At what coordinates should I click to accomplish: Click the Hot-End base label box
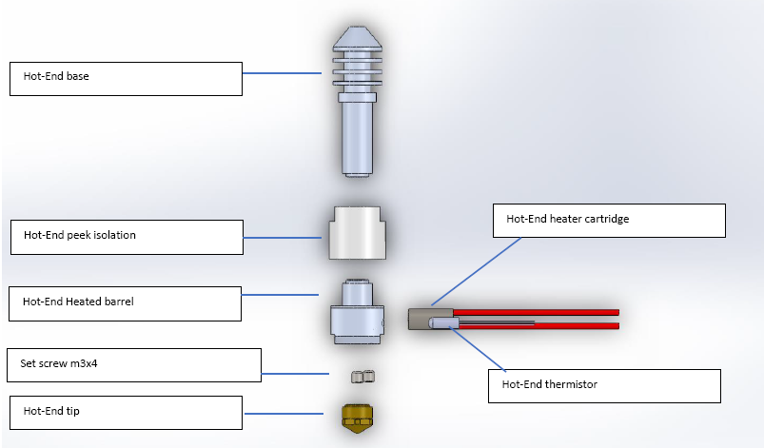[126, 78]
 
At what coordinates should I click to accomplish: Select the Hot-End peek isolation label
[127, 237]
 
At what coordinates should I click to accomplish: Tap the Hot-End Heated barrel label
[127, 302]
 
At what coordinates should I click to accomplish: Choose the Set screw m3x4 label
[139, 364]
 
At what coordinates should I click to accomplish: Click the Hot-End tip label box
[127, 412]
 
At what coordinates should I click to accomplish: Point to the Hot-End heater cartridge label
[609, 220]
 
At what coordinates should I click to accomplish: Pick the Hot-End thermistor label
[604, 385]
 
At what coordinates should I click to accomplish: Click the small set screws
[360, 378]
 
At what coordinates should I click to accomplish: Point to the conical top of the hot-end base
[357, 39]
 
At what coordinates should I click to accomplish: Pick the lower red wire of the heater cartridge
[571, 326]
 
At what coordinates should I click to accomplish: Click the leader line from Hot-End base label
[283, 73]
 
